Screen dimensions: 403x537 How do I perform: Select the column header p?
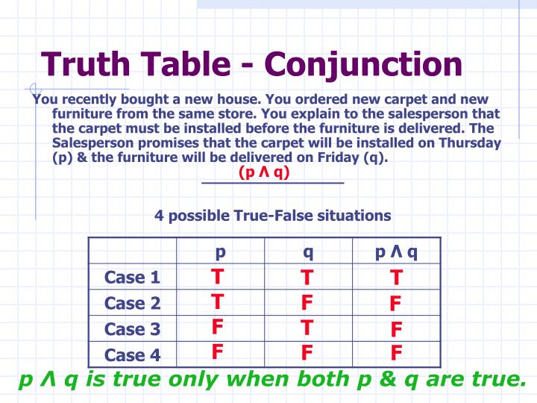[x=220, y=252]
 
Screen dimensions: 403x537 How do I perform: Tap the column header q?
[x=307, y=252]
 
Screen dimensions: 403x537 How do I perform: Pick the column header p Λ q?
[x=396, y=252]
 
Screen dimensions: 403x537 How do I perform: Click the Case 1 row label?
[x=133, y=278]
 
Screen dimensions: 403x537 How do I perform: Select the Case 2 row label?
[x=133, y=304]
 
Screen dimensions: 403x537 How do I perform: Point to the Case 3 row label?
[x=133, y=329]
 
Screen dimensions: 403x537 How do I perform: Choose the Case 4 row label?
[x=133, y=354]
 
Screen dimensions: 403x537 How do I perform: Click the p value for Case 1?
[x=217, y=277]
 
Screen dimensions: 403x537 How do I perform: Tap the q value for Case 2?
[x=307, y=303]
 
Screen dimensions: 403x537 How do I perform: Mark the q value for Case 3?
[x=307, y=328]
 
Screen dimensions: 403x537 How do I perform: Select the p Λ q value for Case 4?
[x=396, y=353]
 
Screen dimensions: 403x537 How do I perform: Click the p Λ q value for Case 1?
[x=396, y=278]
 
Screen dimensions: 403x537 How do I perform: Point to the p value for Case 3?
[x=217, y=327]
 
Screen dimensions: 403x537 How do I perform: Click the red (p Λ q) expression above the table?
[x=264, y=172]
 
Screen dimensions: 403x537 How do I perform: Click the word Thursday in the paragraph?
[x=470, y=144]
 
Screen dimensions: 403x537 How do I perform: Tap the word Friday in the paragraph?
[x=338, y=158]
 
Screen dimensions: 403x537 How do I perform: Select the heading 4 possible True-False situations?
[x=272, y=216]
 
